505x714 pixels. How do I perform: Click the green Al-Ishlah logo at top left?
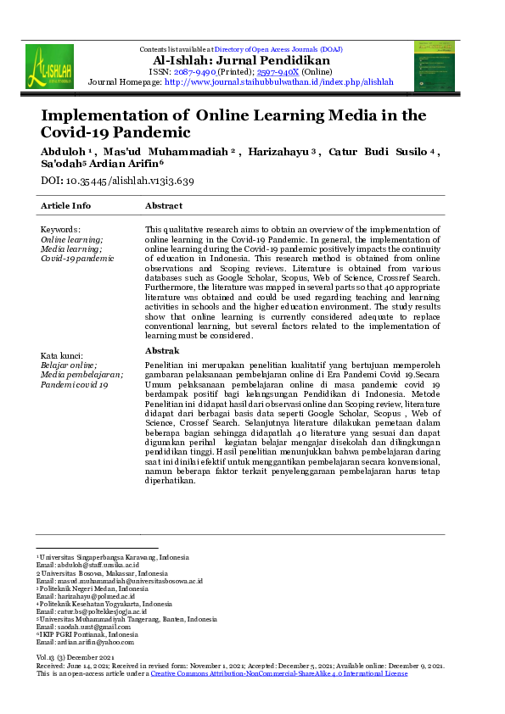point(49,67)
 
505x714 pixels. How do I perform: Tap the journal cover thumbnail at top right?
point(434,65)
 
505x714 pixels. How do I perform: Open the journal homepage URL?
point(279,82)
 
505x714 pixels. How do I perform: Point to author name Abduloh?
point(63,152)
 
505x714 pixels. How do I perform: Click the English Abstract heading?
point(164,206)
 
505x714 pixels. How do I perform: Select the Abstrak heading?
point(162,350)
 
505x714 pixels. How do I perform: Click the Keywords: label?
point(61,230)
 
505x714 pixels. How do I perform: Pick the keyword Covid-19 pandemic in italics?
point(77,259)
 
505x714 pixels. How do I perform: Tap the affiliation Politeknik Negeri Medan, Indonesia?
point(94,588)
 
